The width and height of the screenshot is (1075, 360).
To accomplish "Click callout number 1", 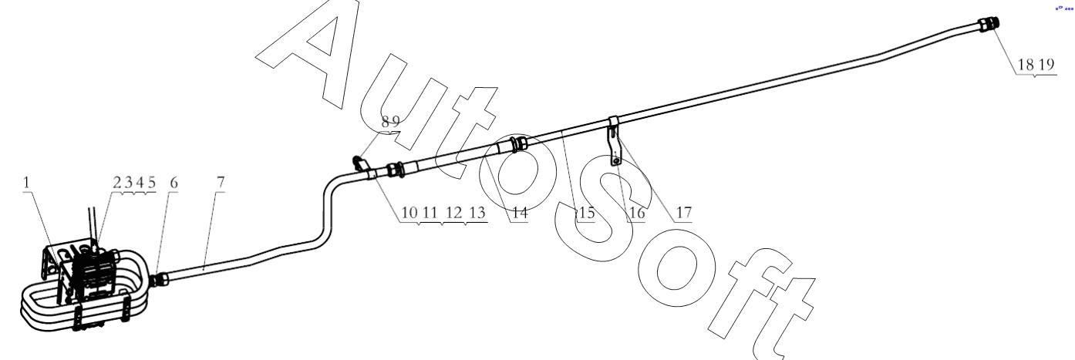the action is tap(26, 183).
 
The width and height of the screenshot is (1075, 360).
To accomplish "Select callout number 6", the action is tap(174, 183).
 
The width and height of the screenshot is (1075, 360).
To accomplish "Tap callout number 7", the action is tap(221, 183).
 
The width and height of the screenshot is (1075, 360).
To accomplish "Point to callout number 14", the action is tap(520, 213).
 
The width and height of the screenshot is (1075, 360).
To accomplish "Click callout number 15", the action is tap(586, 213).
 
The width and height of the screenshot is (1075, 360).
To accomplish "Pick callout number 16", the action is tap(637, 213).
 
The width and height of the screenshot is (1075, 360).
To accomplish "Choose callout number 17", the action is tap(684, 213).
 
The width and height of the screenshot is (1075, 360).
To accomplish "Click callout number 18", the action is tap(1026, 64).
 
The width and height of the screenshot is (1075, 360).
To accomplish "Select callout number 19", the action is tap(1046, 64).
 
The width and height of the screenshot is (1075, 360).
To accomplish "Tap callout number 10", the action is tap(409, 213).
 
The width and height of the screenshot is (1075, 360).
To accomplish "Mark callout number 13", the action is tap(477, 213).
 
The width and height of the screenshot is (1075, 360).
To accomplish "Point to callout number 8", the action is tap(386, 122).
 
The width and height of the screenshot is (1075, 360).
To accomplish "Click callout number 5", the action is tap(152, 183).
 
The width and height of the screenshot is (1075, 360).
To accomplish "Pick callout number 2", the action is tap(117, 183).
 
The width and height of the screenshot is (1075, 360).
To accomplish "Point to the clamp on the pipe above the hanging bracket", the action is tap(613, 122).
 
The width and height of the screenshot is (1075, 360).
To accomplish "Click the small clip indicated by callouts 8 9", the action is tap(359, 163).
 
